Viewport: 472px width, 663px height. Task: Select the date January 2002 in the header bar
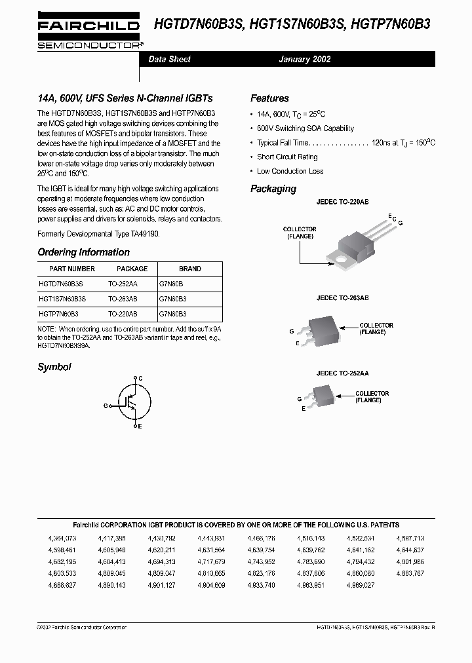tap(304, 59)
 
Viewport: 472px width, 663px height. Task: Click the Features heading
tap(269, 98)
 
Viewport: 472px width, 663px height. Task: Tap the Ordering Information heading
tap(83, 252)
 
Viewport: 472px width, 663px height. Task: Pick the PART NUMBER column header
tap(72, 269)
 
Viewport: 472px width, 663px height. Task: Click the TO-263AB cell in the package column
tap(123, 298)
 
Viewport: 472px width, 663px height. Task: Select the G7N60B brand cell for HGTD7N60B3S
tap(171, 284)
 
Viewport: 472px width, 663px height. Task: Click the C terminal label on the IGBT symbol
tap(140, 378)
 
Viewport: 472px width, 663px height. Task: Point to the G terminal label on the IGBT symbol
tap(105, 406)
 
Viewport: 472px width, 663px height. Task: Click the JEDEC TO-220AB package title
tap(342, 203)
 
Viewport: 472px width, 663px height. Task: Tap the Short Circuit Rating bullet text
tap(287, 157)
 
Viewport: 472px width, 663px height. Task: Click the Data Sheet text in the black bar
tap(169, 59)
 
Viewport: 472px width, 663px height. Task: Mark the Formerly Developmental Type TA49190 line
tap(98, 233)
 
